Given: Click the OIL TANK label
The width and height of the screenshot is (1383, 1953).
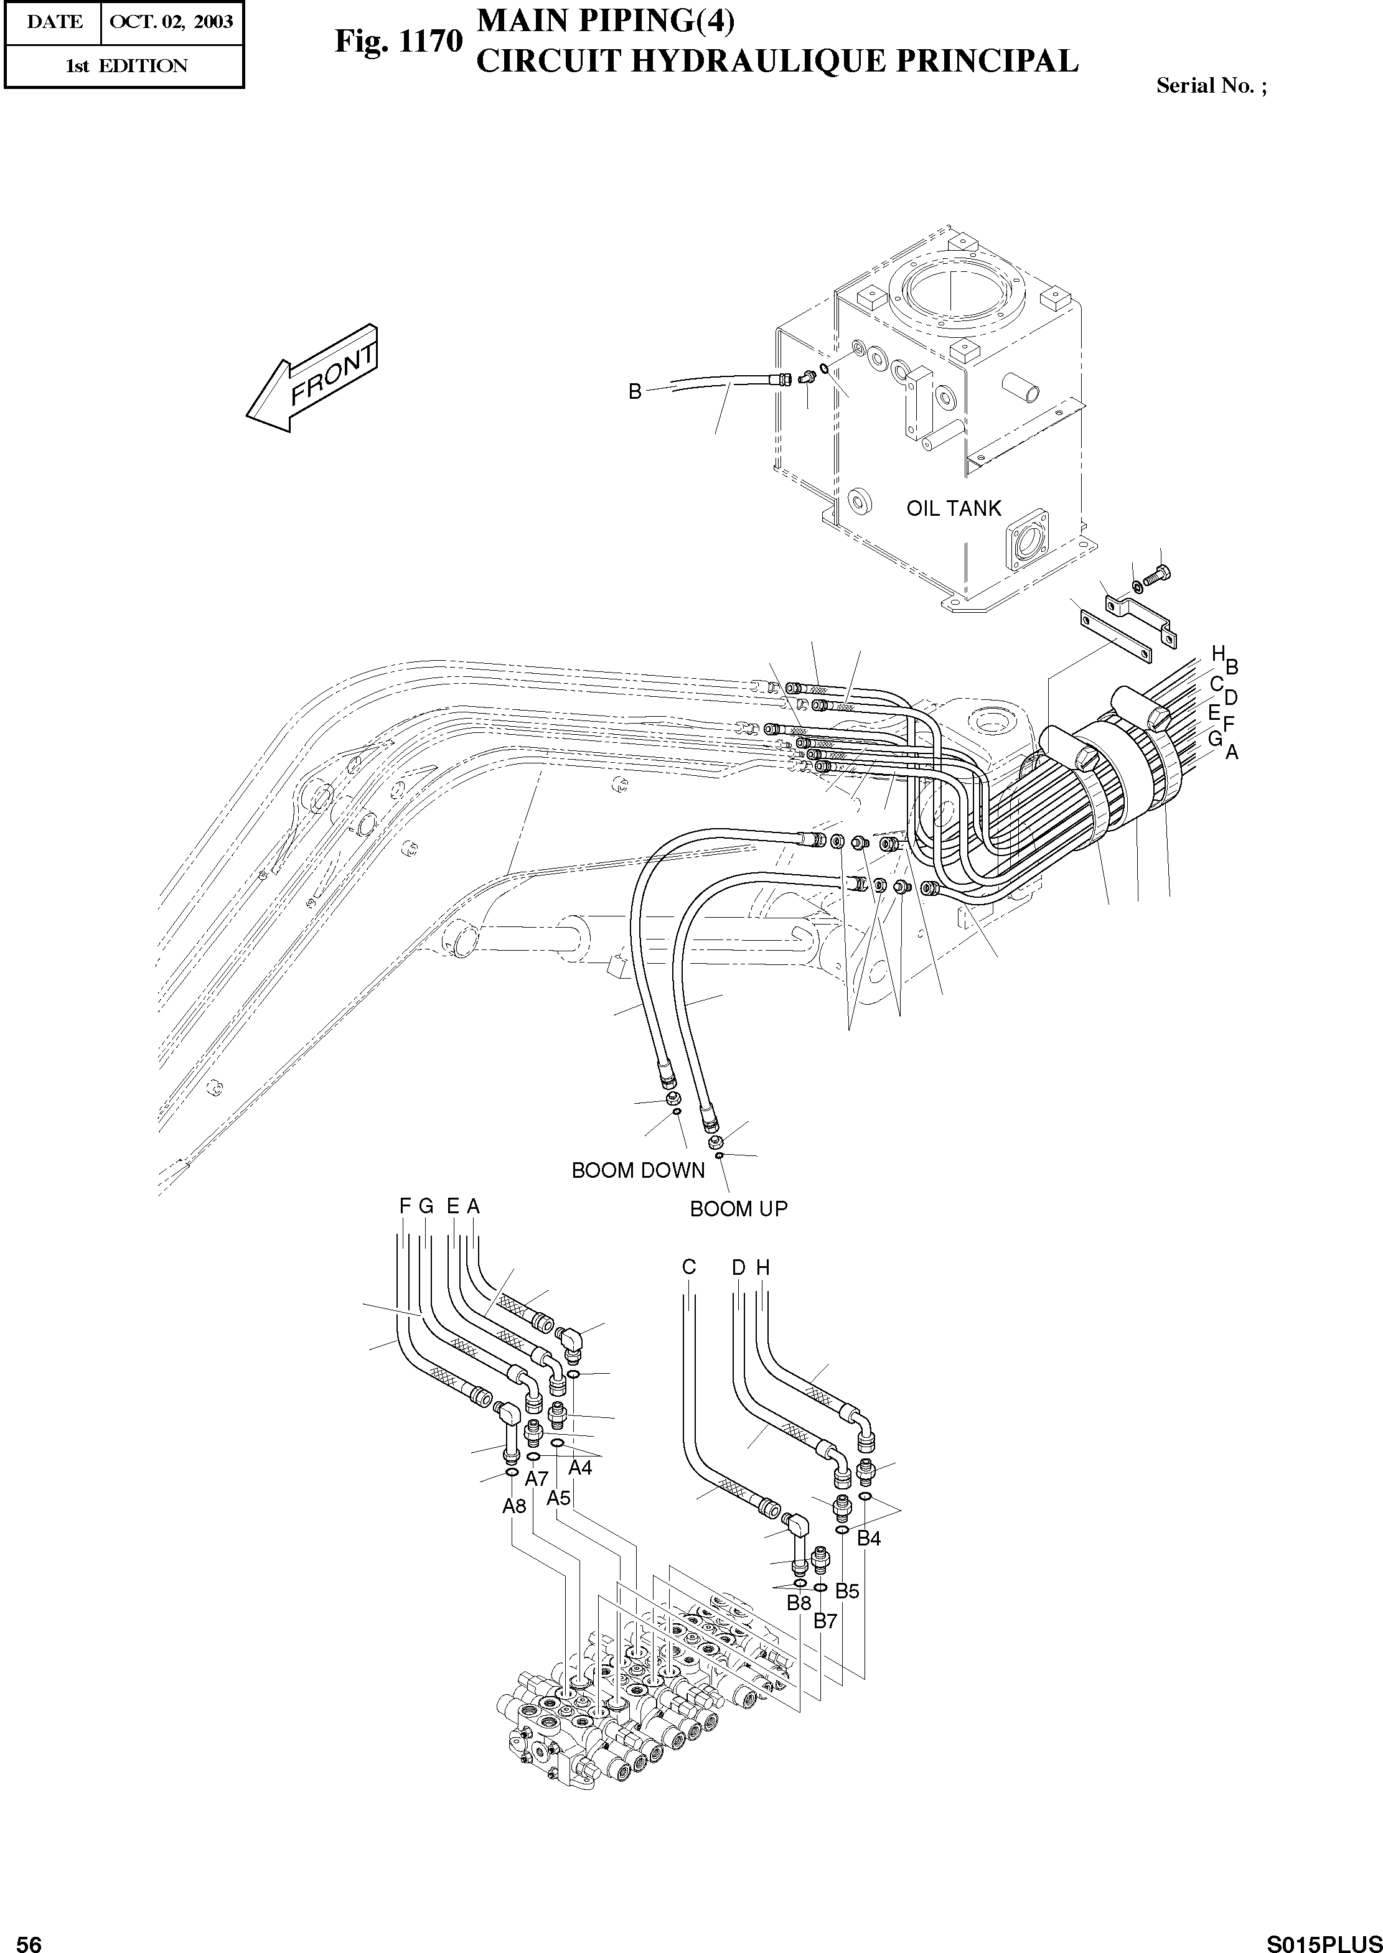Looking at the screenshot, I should point(953,508).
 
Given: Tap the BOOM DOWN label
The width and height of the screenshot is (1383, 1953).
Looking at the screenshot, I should point(638,1170).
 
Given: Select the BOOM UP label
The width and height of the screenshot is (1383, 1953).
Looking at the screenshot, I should point(738,1208).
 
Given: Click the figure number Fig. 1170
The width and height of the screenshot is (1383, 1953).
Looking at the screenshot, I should point(398,41).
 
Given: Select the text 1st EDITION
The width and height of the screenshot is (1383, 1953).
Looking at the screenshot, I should point(126,65).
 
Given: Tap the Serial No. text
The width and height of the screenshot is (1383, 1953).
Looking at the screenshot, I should point(1210,85).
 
